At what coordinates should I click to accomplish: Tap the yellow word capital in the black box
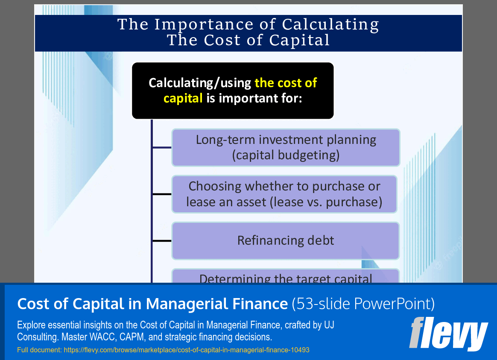[x=183, y=98]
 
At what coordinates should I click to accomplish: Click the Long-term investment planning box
[x=286, y=147]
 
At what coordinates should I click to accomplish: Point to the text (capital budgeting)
[x=286, y=155]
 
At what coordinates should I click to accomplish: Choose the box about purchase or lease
[x=284, y=194]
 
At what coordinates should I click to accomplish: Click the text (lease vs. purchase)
[x=326, y=202]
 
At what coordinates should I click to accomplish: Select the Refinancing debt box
[x=286, y=240]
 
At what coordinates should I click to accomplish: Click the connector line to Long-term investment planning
[x=162, y=148]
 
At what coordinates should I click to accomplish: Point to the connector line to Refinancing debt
[x=162, y=241]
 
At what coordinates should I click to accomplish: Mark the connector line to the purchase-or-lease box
[x=162, y=194]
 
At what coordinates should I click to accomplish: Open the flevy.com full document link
[x=186, y=350]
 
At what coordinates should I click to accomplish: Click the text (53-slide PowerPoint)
[x=363, y=304]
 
